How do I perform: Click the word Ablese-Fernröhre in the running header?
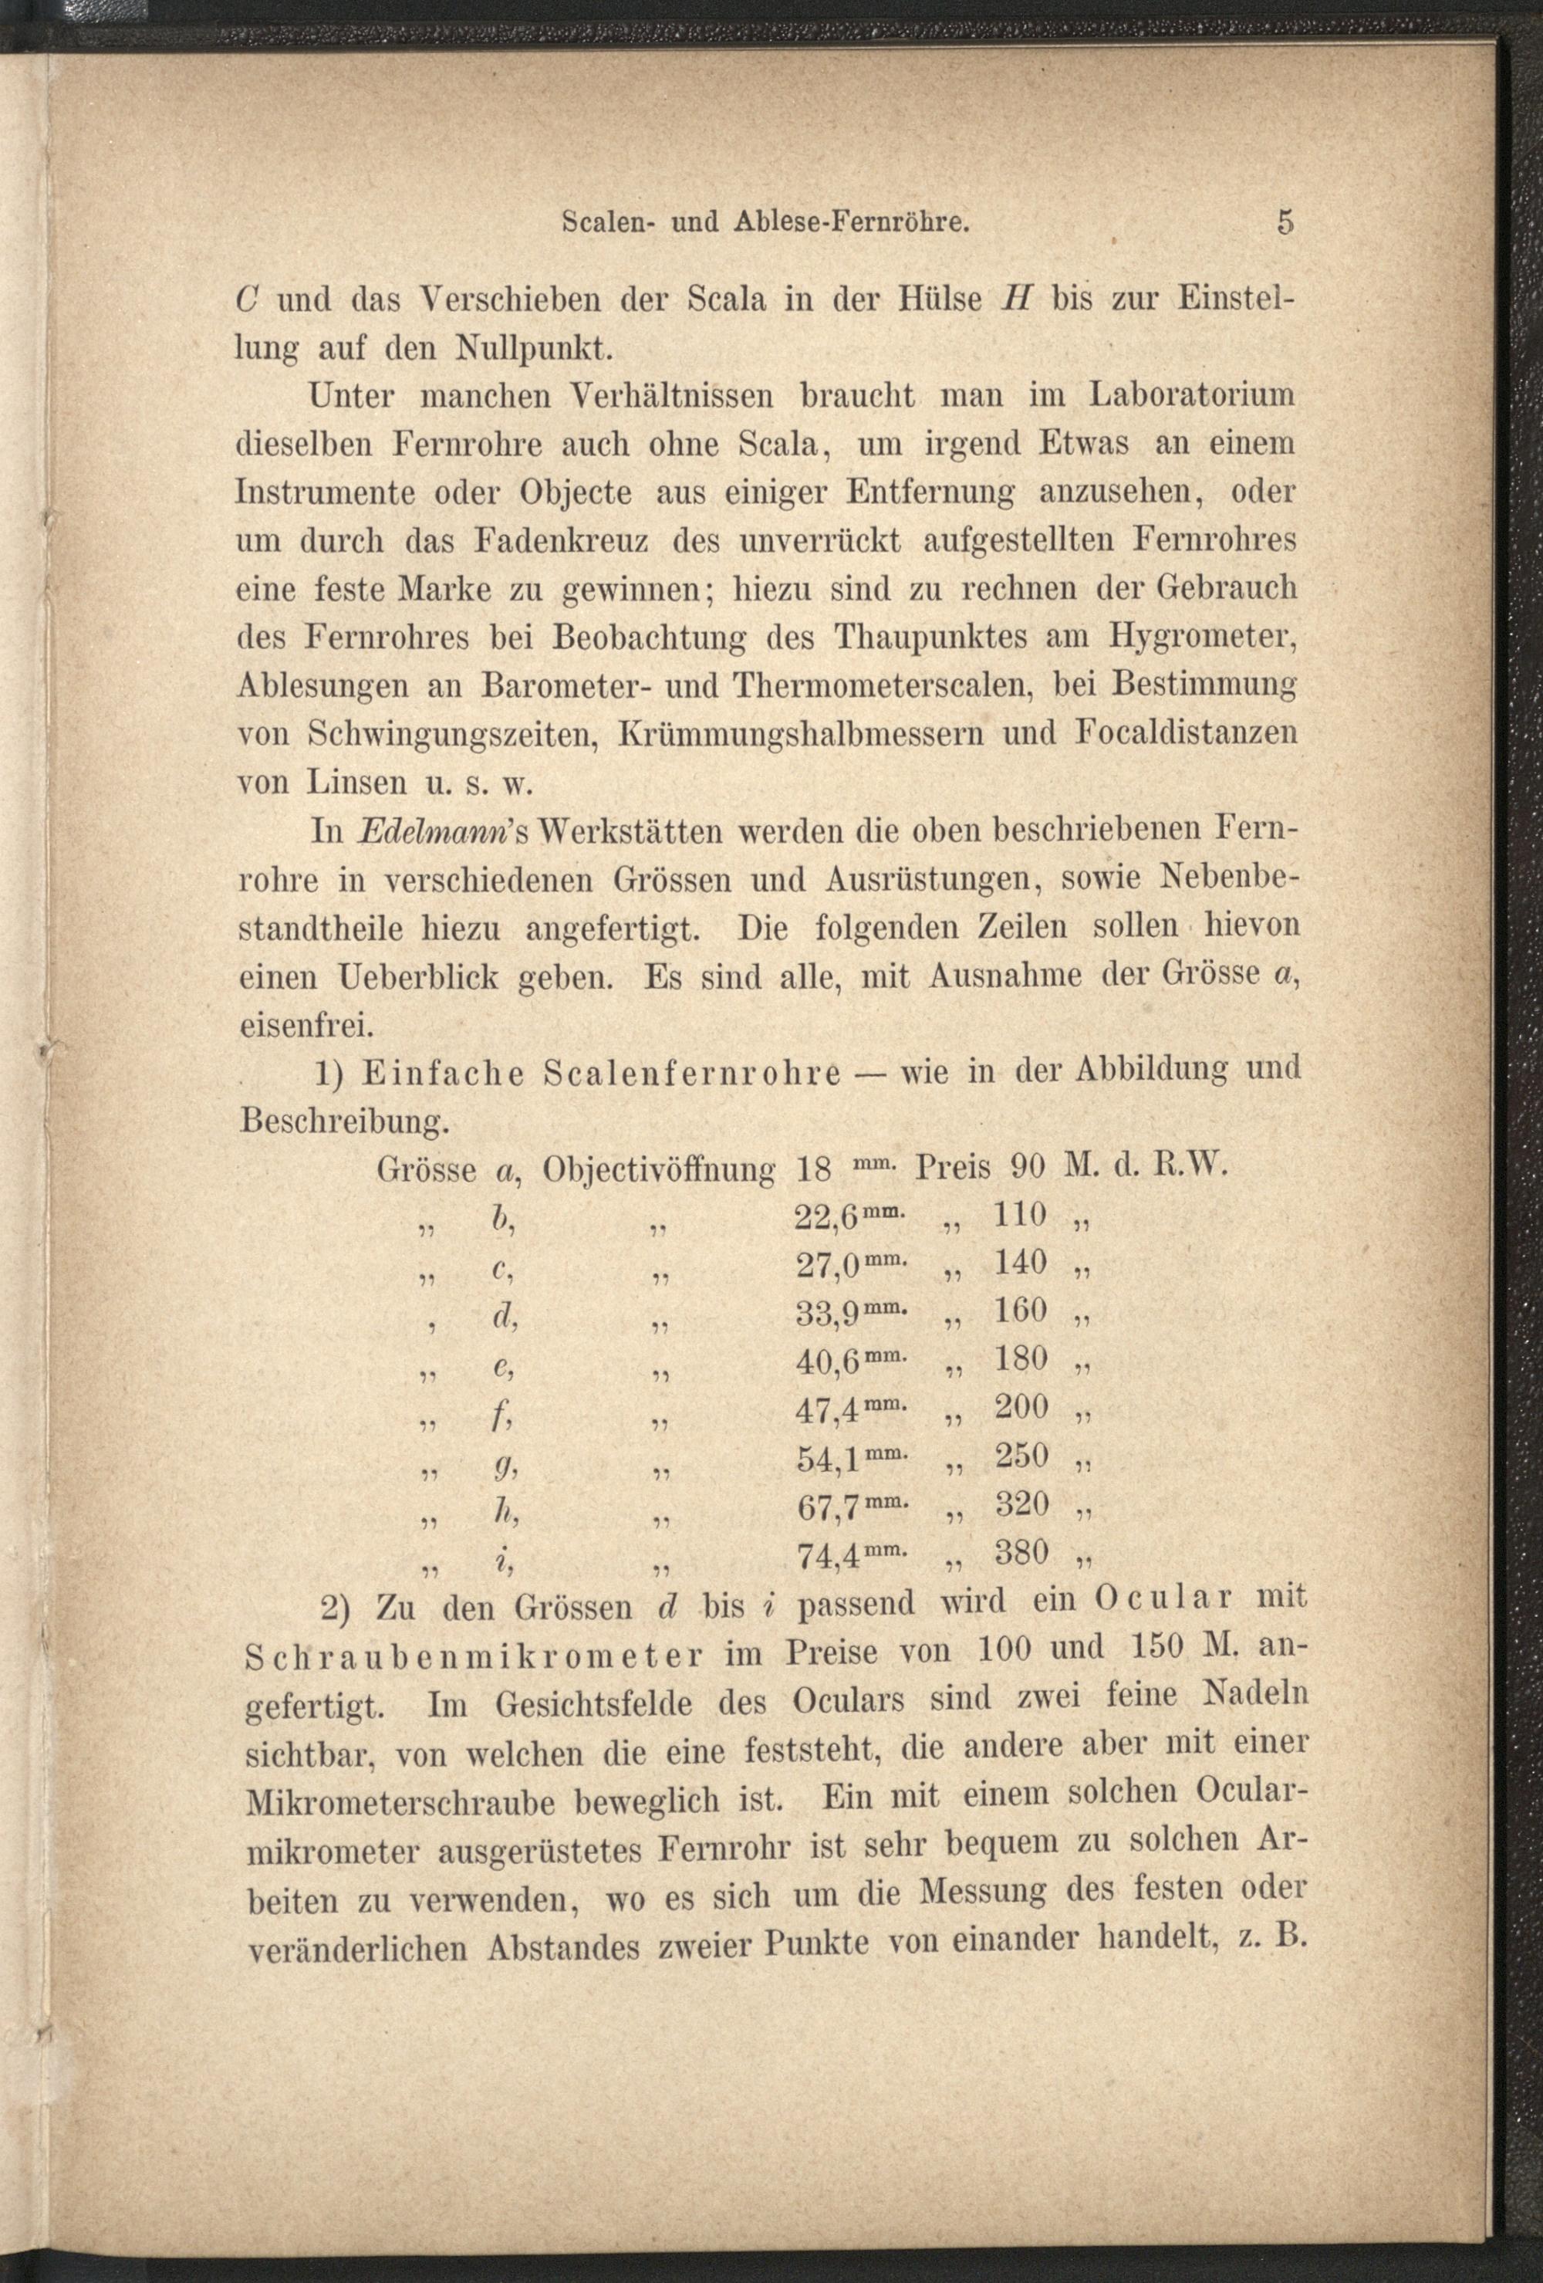(853, 223)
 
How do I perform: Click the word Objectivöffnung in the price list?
(659, 1170)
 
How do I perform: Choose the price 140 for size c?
(1021, 1263)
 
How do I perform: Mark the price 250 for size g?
(1021, 1455)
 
